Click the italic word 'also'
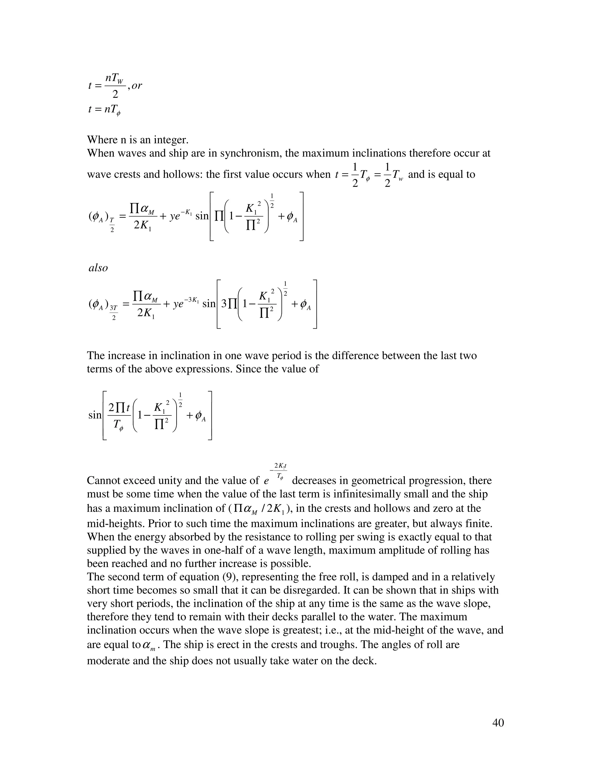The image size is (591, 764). pyautogui.click(x=98, y=268)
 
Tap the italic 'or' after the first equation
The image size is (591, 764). pyautogui.click(x=136, y=85)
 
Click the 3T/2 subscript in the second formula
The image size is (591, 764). pyautogui.click(x=113, y=313)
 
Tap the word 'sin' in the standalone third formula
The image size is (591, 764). pyautogui.click(x=95, y=415)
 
